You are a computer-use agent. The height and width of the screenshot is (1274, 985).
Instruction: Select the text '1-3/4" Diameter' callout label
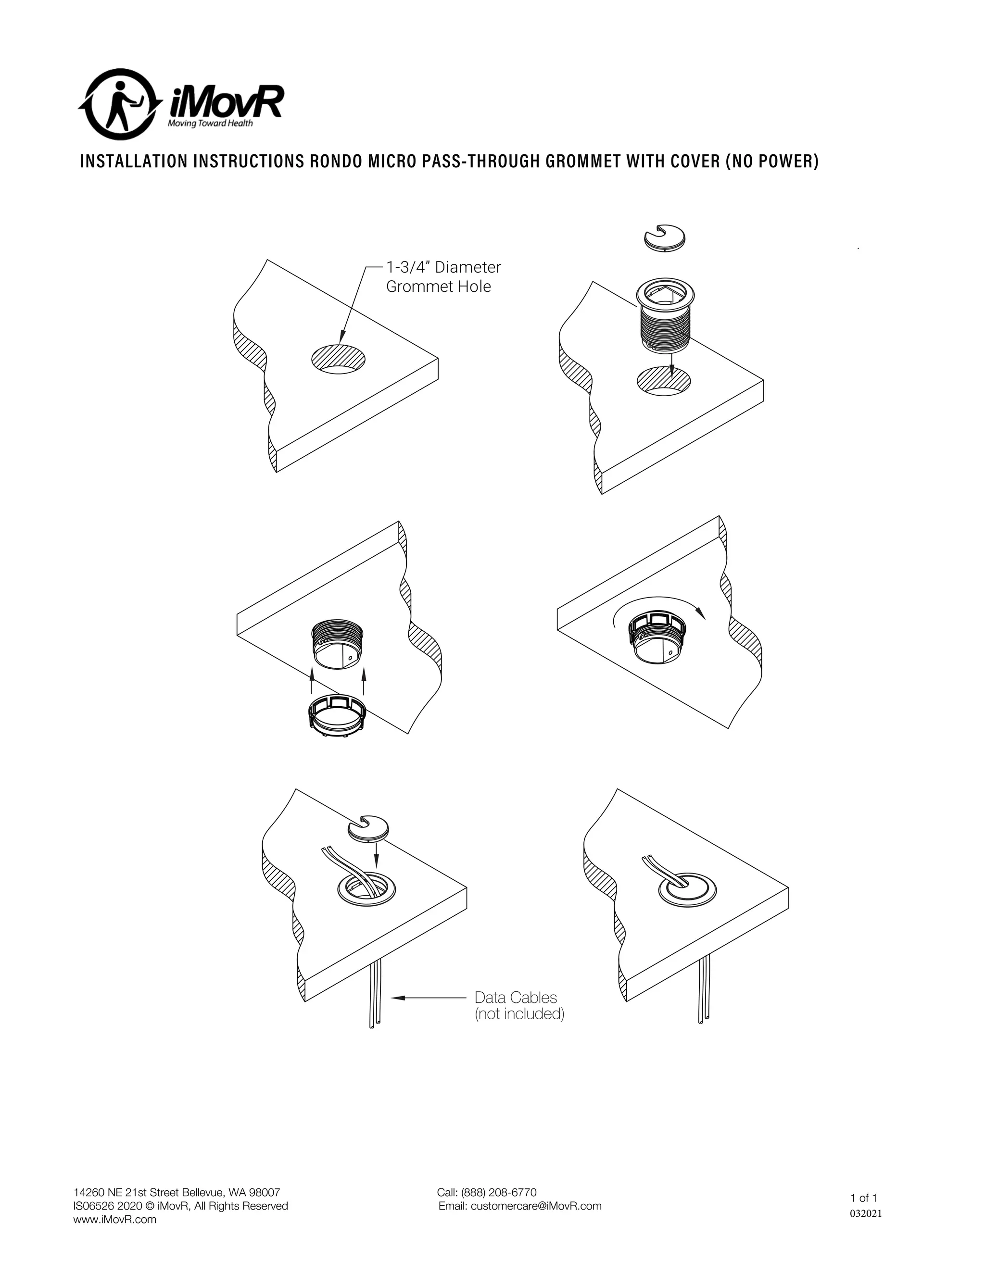point(443,267)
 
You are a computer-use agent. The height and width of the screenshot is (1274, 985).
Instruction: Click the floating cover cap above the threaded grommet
point(664,238)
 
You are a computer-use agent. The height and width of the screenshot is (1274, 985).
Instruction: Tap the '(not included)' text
point(519,1014)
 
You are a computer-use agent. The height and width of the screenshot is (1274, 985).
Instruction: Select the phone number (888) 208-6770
point(498,1192)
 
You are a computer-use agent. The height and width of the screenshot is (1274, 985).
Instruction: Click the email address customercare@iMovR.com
point(536,1206)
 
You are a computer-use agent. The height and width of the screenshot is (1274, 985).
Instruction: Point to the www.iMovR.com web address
point(115,1220)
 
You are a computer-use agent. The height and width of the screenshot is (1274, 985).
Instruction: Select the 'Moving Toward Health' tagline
point(210,124)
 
